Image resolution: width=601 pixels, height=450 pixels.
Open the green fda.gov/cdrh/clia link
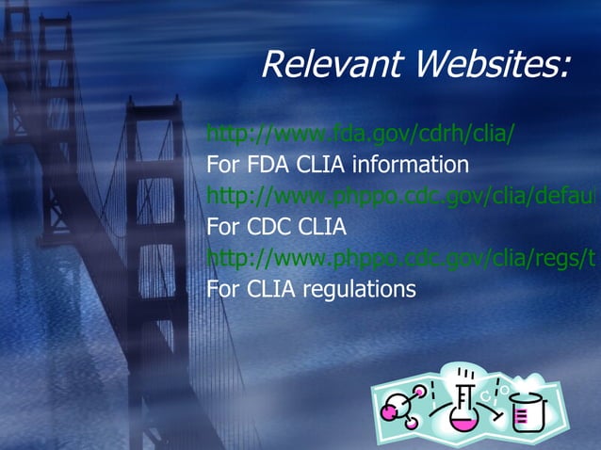(x=360, y=134)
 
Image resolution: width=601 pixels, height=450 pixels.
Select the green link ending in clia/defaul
(x=400, y=196)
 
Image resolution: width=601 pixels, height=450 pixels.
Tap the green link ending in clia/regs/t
(x=400, y=258)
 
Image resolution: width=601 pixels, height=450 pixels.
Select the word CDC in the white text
(x=272, y=227)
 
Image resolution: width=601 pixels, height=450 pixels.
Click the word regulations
(x=359, y=289)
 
